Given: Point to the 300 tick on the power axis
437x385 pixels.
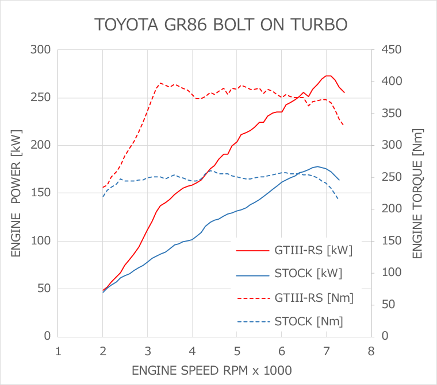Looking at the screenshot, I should pos(43,50).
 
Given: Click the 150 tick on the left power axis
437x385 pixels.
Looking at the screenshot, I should pos(43,193).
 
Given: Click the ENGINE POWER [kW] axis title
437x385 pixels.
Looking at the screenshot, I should pos(16,193).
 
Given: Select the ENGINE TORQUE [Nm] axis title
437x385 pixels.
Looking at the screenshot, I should pos(417,193).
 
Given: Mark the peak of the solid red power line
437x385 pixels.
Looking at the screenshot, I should pos(328,76).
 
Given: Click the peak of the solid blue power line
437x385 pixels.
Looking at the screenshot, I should pos(317,166).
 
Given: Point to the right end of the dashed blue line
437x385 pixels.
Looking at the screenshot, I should pos(339,200).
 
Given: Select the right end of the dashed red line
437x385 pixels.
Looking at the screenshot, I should pos(343,125).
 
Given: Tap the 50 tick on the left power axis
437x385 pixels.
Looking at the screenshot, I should pos(45,289).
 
